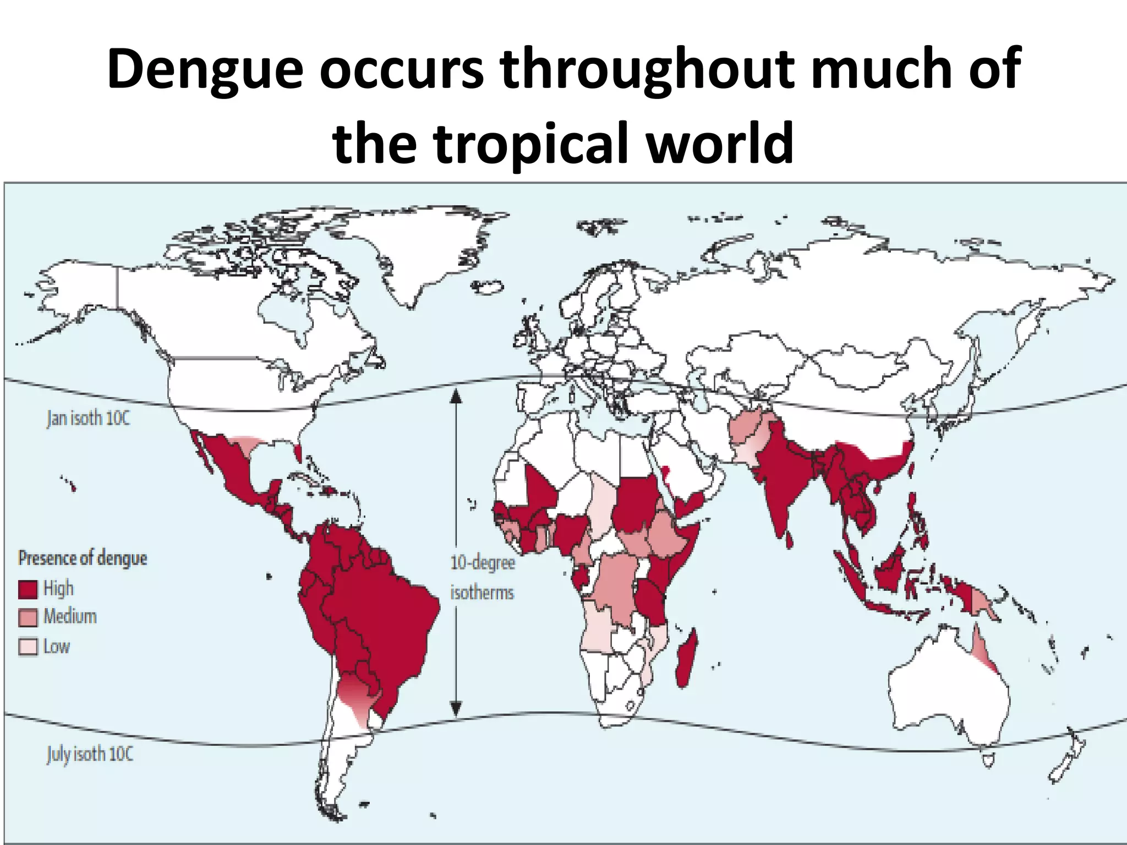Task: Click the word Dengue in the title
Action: [x=205, y=70]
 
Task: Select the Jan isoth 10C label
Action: [x=88, y=419]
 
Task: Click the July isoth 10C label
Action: [x=90, y=754]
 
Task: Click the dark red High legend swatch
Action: [x=28, y=589]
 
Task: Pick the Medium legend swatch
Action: [x=28, y=617]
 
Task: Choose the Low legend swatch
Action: [x=28, y=646]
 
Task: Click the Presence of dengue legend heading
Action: [x=83, y=558]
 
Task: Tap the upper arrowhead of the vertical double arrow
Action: [x=455, y=394]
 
